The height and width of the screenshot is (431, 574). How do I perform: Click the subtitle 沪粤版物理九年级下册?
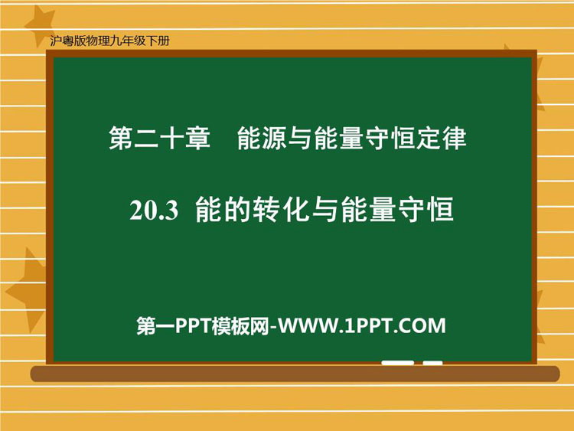pos(109,41)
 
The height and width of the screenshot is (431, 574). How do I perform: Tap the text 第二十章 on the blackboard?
pos(160,139)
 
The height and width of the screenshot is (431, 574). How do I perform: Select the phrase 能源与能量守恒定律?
pos(352,139)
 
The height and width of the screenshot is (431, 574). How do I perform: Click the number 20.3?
pos(154,211)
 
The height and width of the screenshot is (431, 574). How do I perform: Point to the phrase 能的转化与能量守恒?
pos(325,210)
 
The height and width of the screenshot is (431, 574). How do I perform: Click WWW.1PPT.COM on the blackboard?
pos(362,325)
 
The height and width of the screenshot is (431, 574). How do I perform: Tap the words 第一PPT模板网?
pos(203,325)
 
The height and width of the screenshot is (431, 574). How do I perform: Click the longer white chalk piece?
pos(397,363)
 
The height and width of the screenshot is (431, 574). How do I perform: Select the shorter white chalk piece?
pos(432,363)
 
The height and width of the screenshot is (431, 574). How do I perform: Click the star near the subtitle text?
pos(40,25)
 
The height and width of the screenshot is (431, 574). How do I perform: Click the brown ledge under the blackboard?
pos(295,374)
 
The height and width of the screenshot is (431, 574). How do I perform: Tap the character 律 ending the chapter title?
pos(455,139)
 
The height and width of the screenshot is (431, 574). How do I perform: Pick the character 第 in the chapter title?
pos(121,139)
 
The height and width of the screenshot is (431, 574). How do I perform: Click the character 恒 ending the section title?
pos(442,210)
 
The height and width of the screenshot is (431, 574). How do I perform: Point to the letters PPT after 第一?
pos(194,325)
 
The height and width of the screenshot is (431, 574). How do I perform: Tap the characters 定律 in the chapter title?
pos(442,139)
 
